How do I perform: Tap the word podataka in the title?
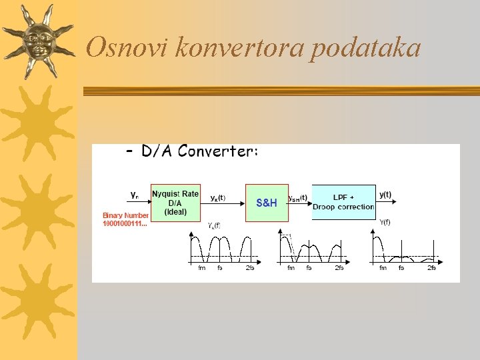365,48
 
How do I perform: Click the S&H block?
267,202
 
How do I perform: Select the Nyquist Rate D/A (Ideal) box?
175,202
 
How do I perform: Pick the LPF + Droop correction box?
343,202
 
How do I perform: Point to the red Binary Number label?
125,215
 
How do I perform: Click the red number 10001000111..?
124,223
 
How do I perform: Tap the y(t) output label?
385,195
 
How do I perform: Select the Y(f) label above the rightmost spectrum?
385,222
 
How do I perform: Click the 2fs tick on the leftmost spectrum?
250,268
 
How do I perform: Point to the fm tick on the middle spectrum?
291,268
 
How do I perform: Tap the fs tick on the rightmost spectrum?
401,268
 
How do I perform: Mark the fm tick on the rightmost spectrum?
383,268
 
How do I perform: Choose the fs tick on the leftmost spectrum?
220,268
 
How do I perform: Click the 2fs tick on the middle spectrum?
339,268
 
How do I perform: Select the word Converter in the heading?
218,151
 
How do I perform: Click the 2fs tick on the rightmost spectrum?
431,268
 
